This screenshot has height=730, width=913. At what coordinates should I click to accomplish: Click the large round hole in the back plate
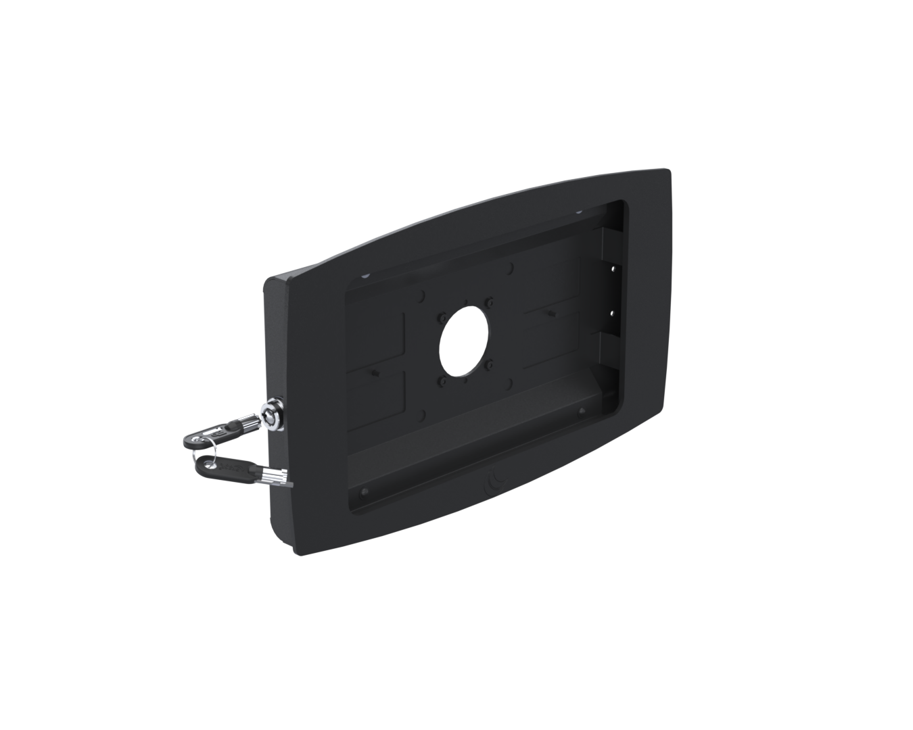463,342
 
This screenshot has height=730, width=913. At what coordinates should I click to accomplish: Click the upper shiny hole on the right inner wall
613,268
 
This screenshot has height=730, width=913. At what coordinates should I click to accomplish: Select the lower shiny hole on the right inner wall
613,312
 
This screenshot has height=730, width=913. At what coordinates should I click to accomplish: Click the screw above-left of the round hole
441,316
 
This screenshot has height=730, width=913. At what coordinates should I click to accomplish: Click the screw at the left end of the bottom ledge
364,490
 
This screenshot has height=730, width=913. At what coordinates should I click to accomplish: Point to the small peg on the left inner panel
373,372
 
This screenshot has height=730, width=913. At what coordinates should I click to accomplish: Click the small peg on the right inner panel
552,312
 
